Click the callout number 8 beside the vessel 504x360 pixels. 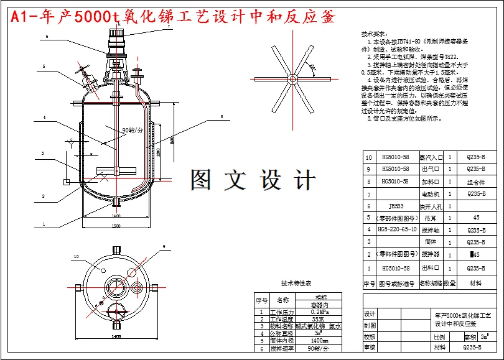pos(220,116)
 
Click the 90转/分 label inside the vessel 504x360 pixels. pos(132,131)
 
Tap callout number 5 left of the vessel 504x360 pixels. pos(45,65)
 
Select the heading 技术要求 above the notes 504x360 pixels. pos(374,34)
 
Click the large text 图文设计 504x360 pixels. pos(253,180)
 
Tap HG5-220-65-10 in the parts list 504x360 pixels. pos(397,230)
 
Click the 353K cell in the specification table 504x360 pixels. pos(319,319)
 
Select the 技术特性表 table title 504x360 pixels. pos(296,283)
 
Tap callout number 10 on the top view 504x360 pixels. pos(77,256)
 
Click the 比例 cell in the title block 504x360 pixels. pos(440,336)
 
